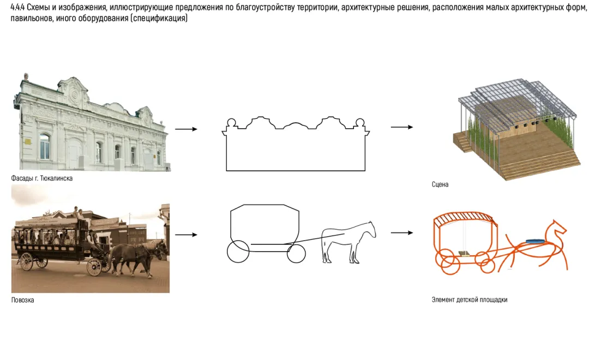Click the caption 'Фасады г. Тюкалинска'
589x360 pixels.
click(41, 178)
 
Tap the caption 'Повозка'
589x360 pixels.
click(22, 300)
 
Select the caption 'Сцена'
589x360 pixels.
click(440, 185)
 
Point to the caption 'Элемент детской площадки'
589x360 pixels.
click(470, 300)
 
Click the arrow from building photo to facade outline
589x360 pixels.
click(185, 129)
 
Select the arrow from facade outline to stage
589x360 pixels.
click(402, 127)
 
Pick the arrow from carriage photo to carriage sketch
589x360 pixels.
click(185, 235)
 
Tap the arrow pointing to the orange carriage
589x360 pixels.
click(402, 233)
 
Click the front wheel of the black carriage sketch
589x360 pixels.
click(296, 253)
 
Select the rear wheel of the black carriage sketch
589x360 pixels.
click(238, 251)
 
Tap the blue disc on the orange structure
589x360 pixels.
click(535, 241)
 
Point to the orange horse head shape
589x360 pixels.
click(556, 230)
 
